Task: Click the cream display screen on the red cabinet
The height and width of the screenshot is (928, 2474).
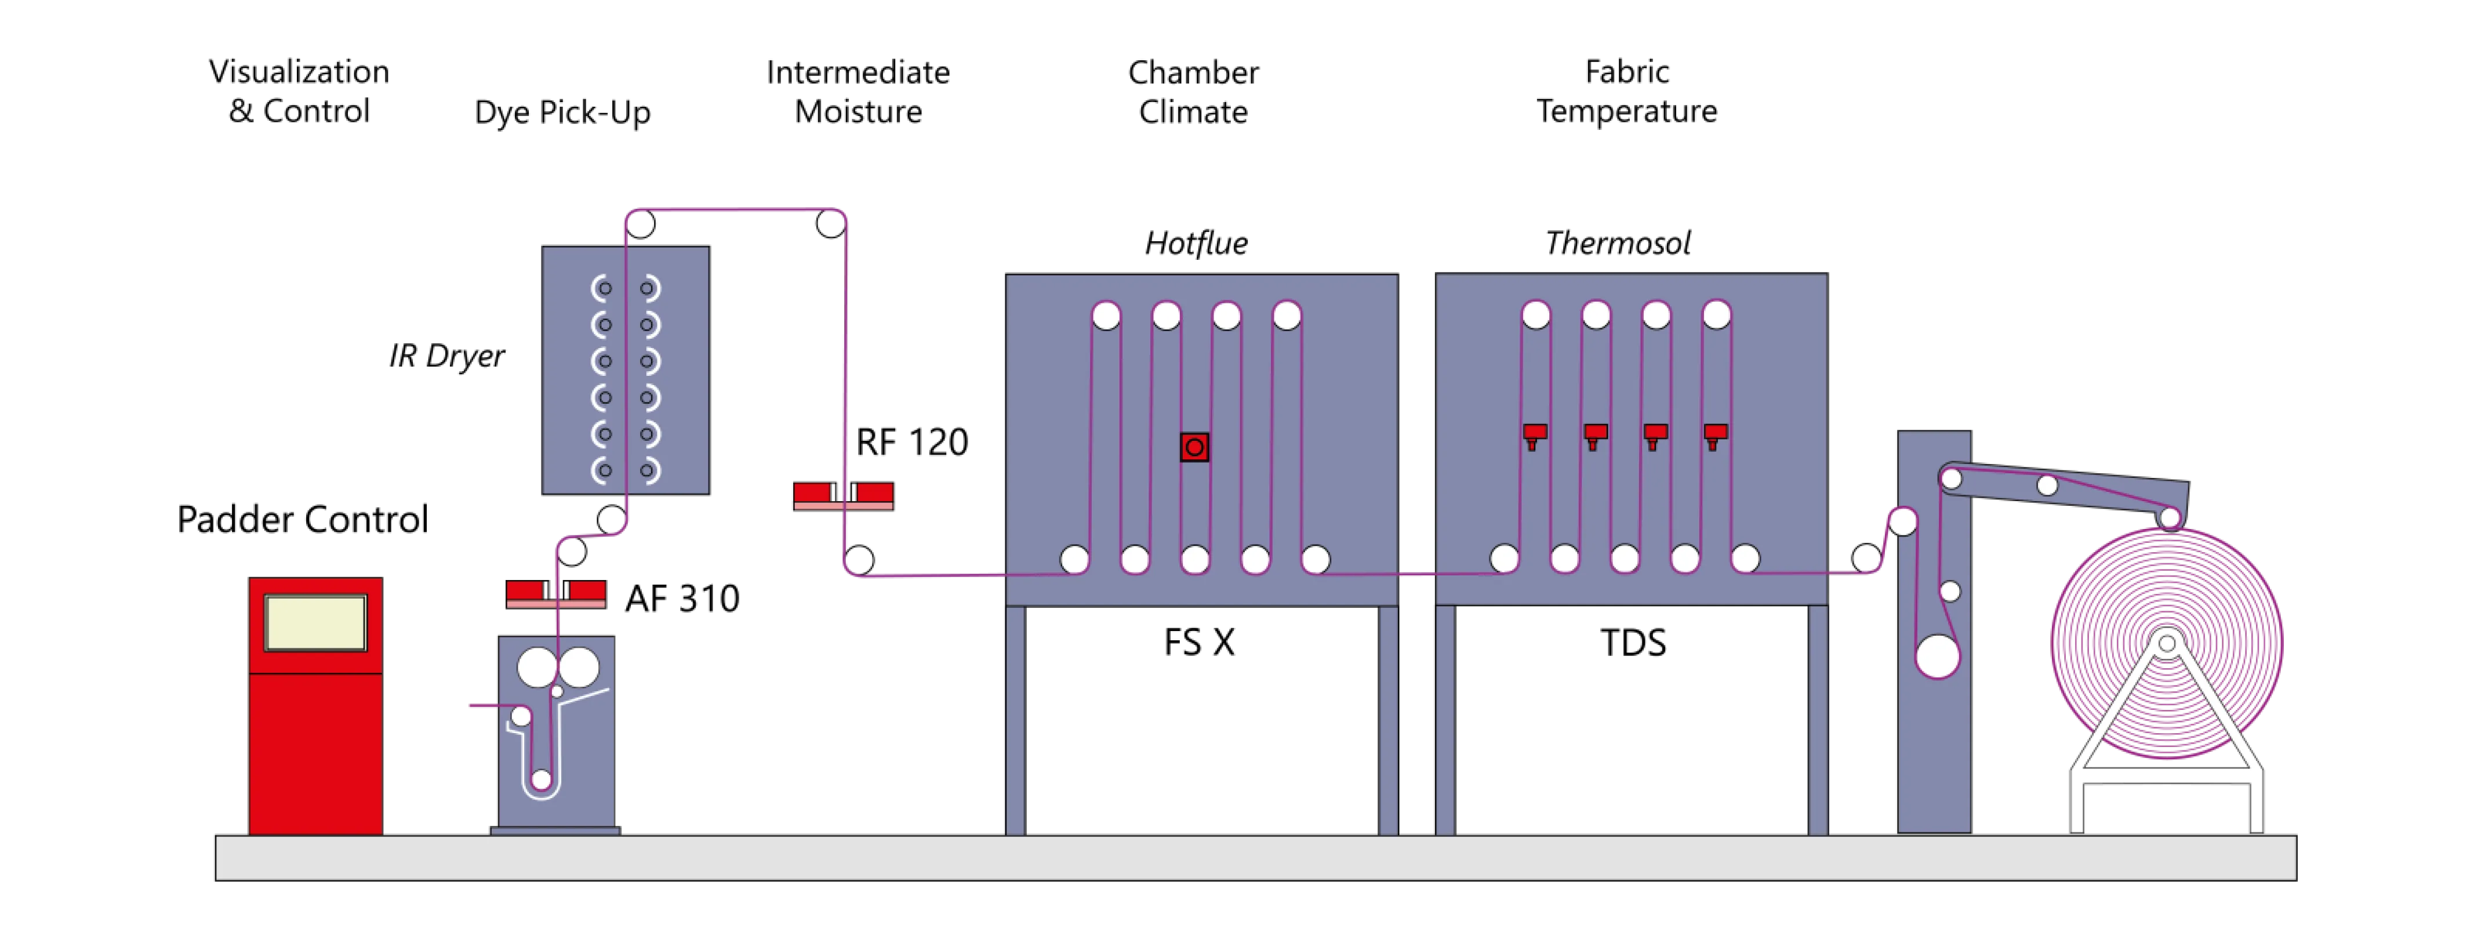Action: click(x=315, y=622)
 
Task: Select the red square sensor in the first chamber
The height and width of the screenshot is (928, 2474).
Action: click(x=1194, y=447)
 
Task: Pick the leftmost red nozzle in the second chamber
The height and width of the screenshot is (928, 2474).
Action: click(x=1535, y=435)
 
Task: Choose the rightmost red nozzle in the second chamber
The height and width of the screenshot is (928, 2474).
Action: click(x=1715, y=435)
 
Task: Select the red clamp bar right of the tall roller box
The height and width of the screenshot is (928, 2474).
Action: click(x=843, y=493)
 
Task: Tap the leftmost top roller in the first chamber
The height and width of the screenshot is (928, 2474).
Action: click(x=1106, y=315)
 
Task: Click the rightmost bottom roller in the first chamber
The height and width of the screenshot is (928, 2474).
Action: click(x=1315, y=559)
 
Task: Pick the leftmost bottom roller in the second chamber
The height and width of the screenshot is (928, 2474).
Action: click(x=1504, y=558)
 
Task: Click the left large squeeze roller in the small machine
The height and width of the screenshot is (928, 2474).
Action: click(x=537, y=666)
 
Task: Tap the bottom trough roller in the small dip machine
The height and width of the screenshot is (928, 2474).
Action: click(x=542, y=779)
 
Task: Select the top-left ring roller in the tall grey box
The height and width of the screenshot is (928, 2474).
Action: click(x=604, y=288)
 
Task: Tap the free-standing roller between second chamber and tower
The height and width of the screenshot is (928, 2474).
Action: click(x=1866, y=558)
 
